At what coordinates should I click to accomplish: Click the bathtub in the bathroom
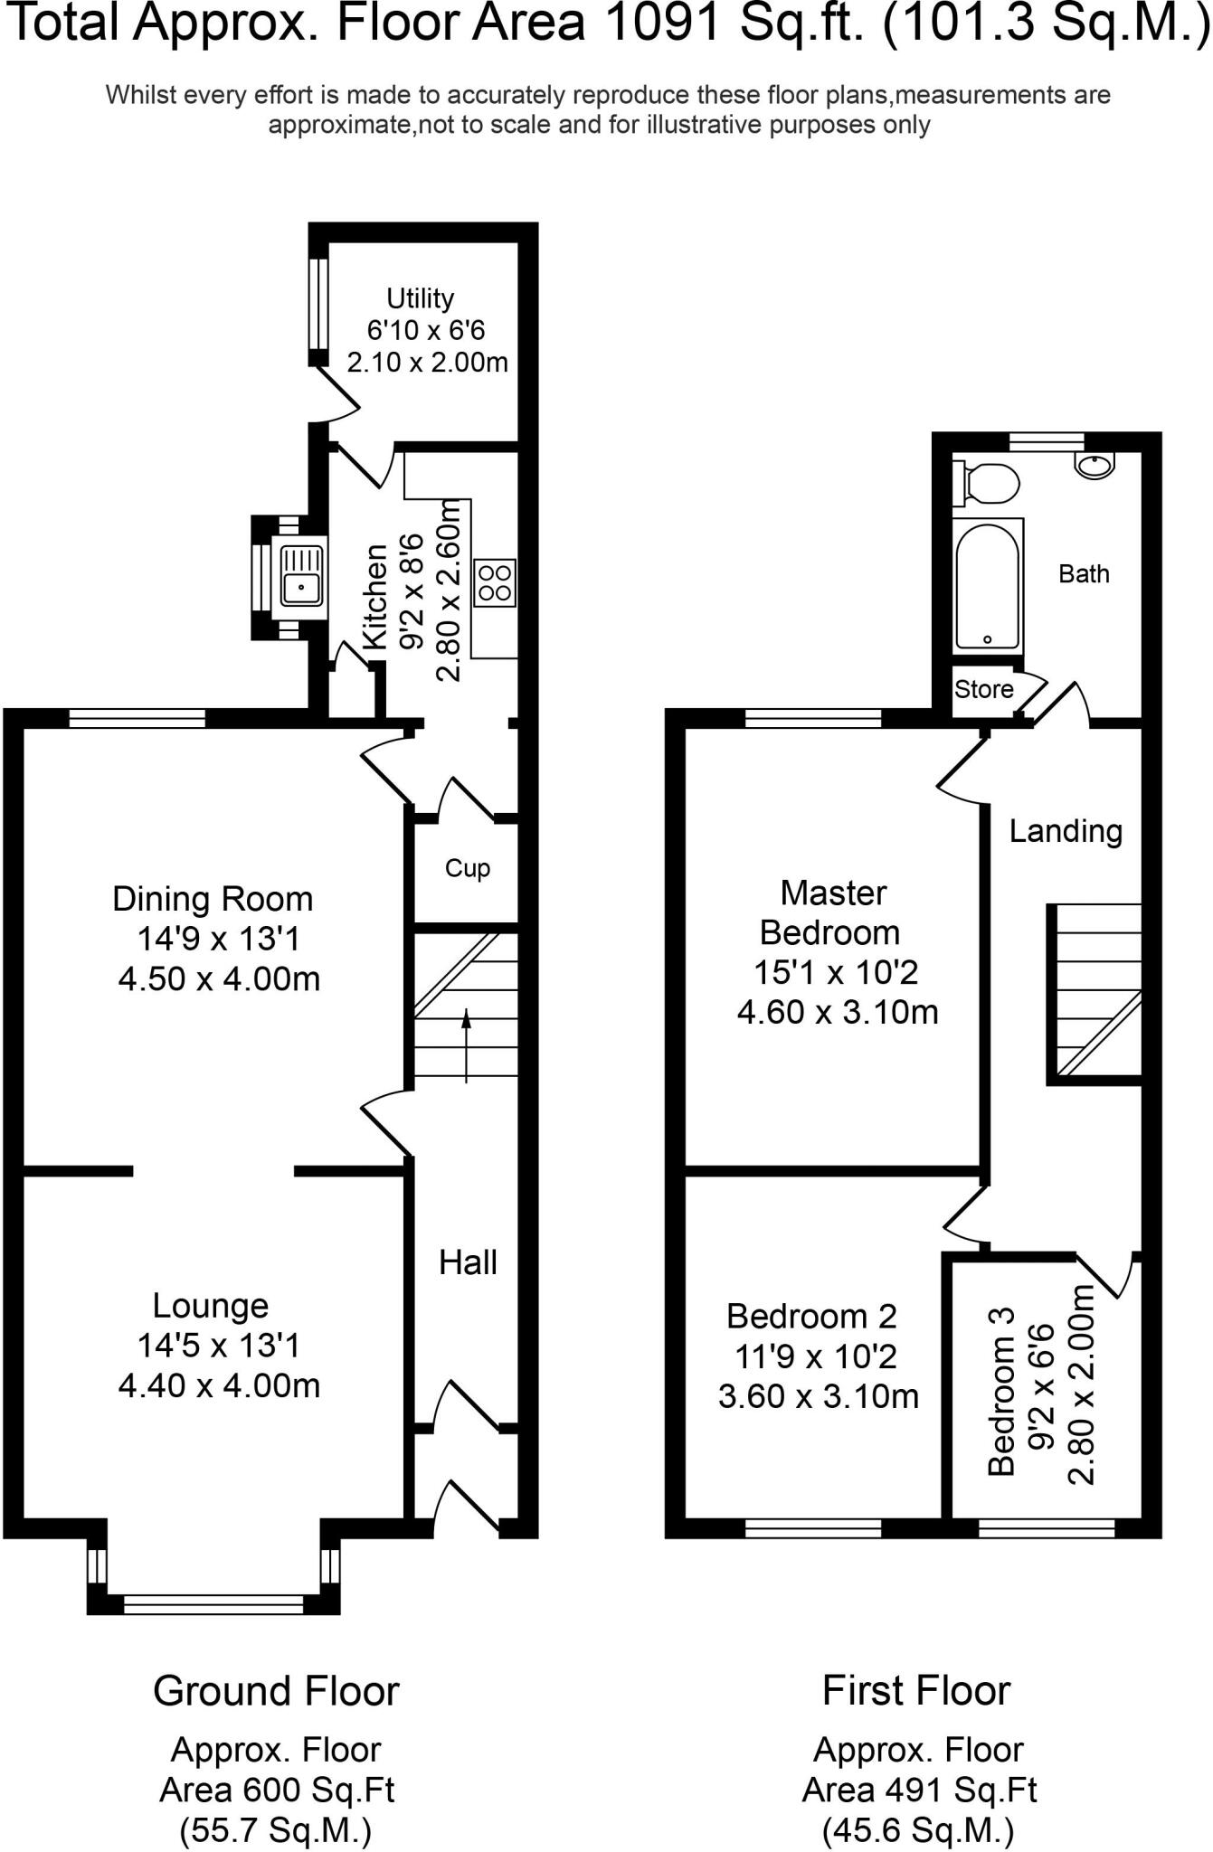988,585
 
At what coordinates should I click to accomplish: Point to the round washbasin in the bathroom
1095,465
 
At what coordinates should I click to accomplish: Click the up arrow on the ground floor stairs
466,1046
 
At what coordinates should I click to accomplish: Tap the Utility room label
420,298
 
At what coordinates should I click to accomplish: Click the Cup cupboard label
468,868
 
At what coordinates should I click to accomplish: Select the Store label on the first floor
984,689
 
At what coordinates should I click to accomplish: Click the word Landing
1066,831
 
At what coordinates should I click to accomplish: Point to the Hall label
468,1262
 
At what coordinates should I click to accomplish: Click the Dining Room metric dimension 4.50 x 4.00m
220,978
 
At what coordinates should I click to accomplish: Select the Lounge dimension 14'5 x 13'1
218,1346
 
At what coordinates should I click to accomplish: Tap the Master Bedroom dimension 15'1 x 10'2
836,972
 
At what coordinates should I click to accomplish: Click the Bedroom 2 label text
811,1316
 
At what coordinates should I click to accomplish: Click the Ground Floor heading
276,1691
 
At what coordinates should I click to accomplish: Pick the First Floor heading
916,1690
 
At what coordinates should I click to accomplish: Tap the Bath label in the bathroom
1084,573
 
